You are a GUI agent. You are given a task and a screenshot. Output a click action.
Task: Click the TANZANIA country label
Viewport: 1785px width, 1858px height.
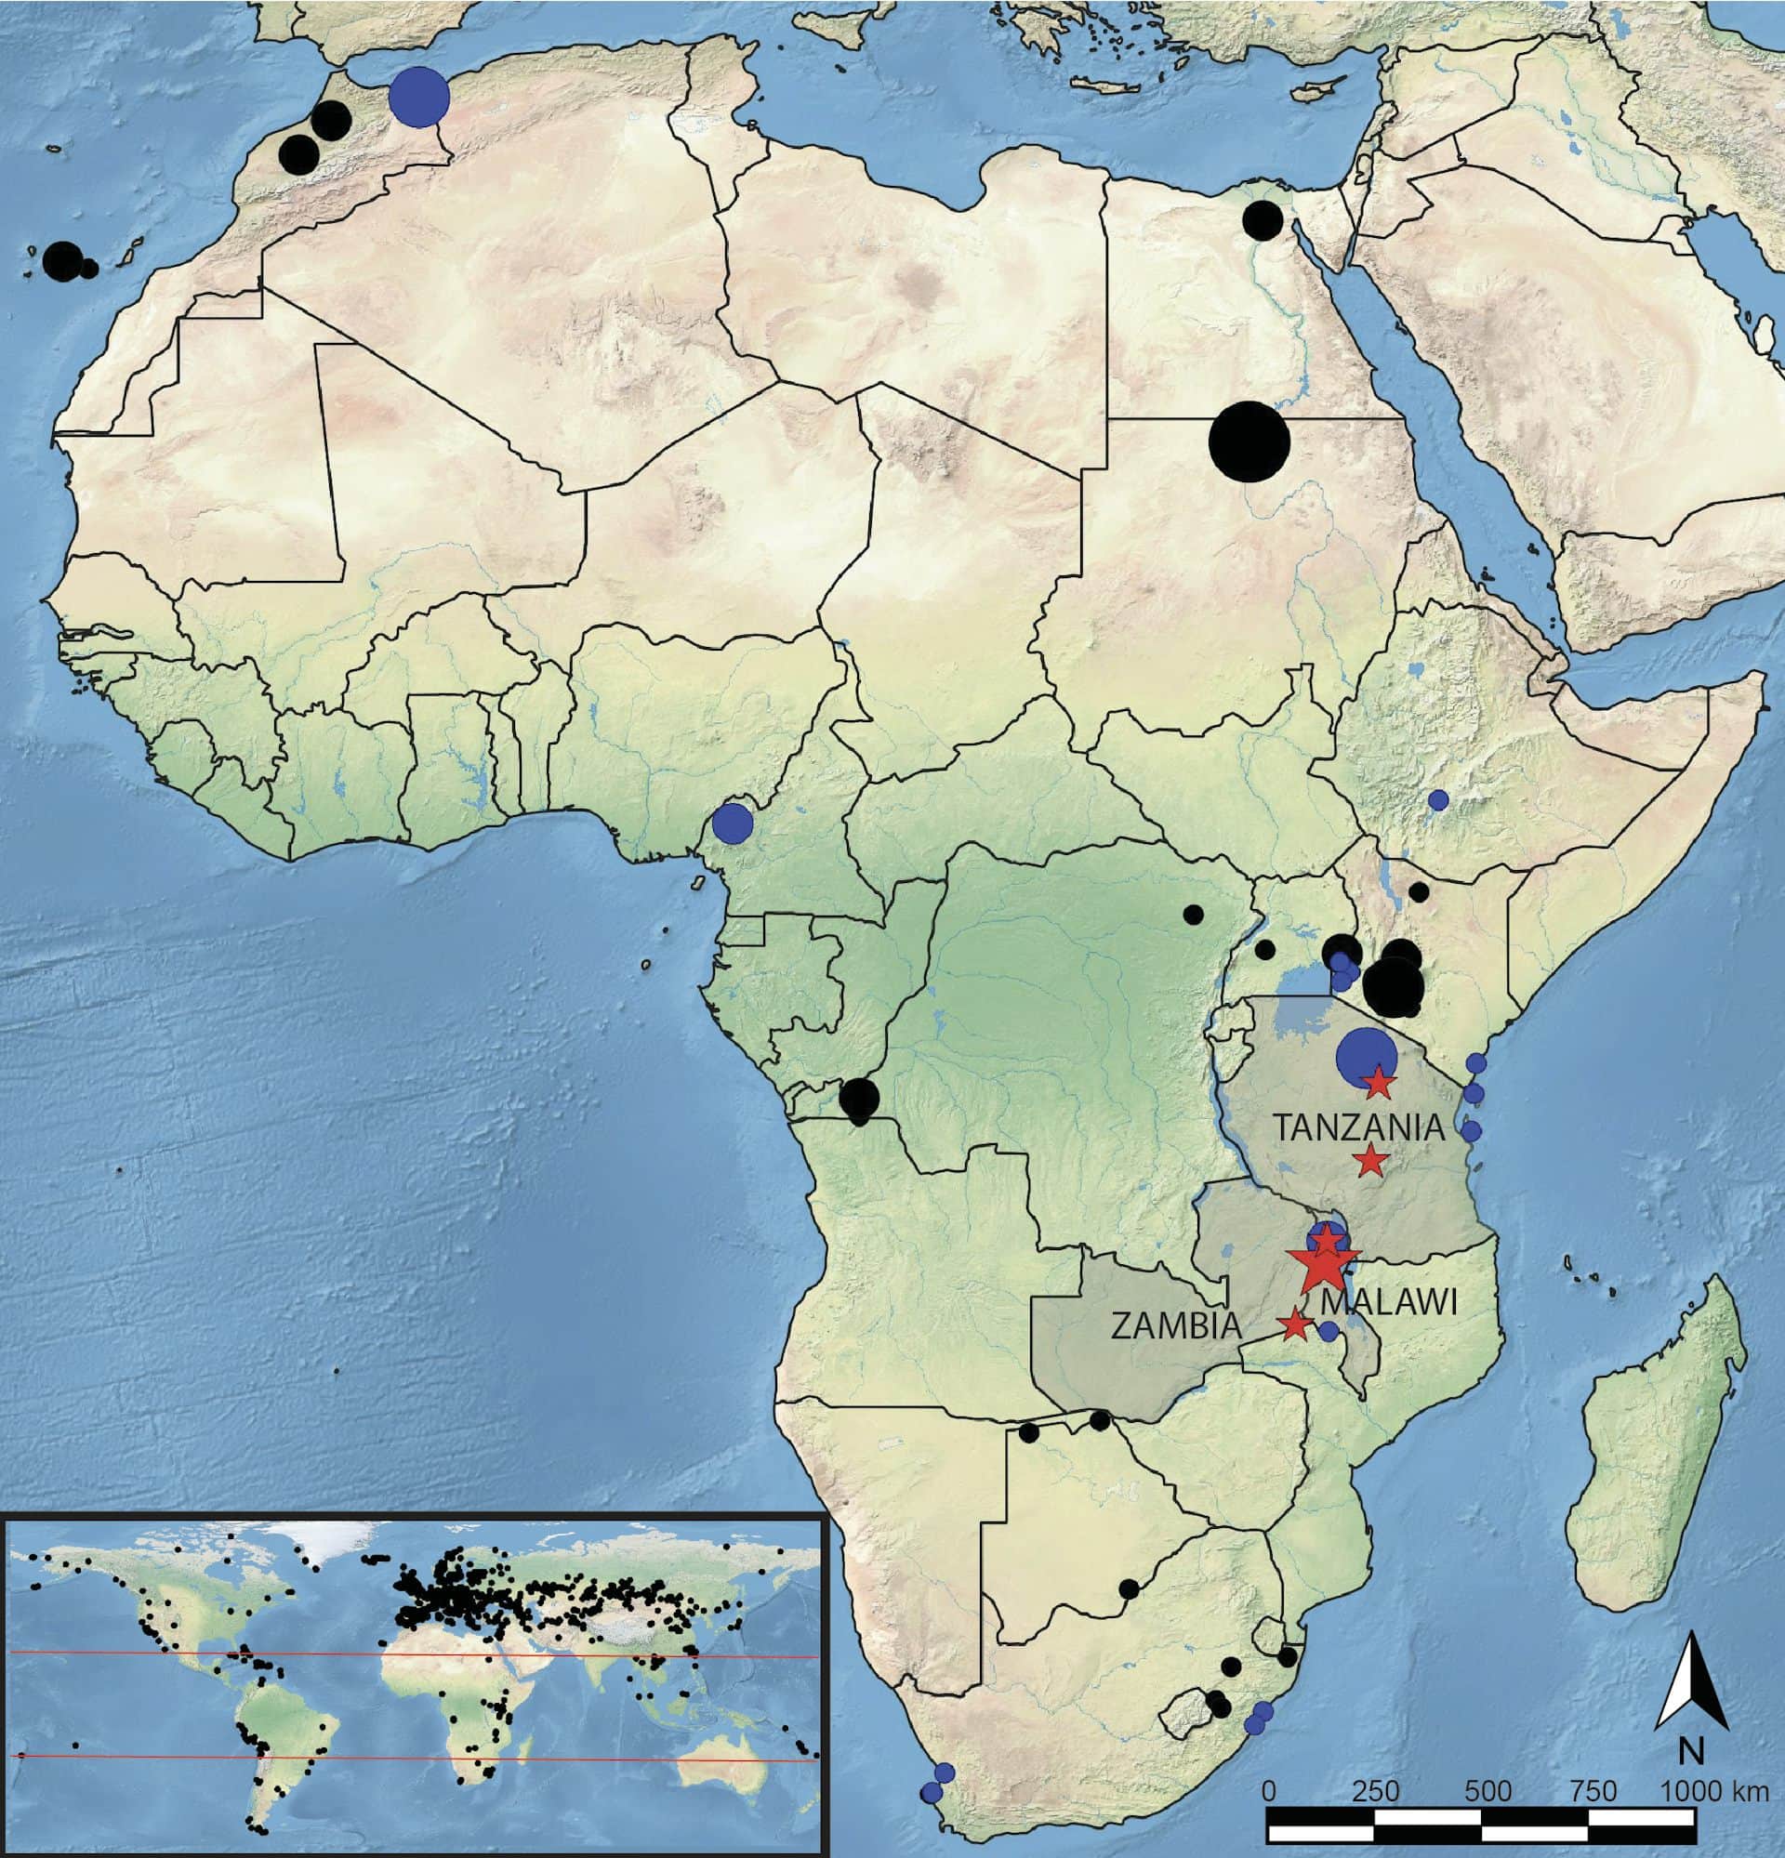(x=1357, y=1129)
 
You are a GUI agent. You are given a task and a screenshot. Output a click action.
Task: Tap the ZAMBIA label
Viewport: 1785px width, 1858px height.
(x=1175, y=1325)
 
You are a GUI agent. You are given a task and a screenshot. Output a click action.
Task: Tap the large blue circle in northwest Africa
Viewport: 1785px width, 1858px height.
(x=419, y=97)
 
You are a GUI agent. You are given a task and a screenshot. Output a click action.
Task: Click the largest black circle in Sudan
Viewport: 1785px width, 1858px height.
(x=1249, y=441)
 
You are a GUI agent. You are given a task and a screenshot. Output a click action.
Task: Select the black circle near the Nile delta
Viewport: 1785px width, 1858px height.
(x=1263, y=220)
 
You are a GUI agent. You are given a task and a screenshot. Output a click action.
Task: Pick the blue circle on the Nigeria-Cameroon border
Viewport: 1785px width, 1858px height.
(x=731, y=823)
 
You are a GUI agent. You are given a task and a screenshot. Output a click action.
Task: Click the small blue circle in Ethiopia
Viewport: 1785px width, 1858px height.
(x=1438, y=799)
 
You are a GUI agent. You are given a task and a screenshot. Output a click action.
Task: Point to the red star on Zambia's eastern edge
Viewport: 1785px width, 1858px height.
(x=1295, y=1324)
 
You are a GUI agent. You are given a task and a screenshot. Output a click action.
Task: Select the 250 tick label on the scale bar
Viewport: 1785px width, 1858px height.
(x=1377, y=1792)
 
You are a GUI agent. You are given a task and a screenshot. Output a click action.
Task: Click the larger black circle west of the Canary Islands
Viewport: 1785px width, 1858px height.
(x=62, y=259)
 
